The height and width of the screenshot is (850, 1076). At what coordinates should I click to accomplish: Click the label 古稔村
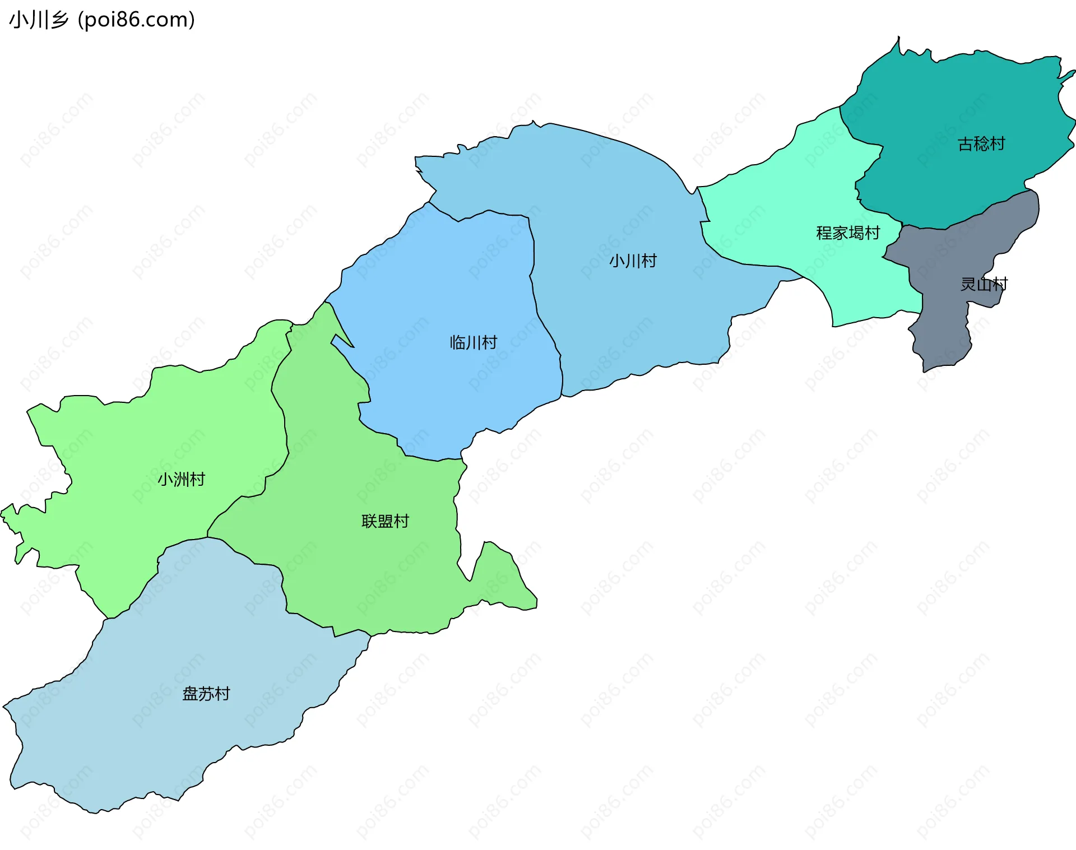tap(981, 144)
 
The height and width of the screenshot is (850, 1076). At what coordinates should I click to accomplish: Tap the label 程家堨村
tap(848, 233)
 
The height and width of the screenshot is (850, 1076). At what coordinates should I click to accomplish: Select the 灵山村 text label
tap(984, 284)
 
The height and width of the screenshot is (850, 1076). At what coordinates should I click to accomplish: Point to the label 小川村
tap(633, 261)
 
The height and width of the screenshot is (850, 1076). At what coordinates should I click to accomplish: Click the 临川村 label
tap(474, 342)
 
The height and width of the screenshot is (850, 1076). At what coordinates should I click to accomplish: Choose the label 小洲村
tap(181, 479)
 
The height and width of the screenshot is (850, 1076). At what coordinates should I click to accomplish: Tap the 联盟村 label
tap(385, 521)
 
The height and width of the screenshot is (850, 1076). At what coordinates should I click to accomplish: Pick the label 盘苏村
tap(206, 694)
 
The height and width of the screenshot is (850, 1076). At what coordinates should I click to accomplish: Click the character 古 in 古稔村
tap(965, 144)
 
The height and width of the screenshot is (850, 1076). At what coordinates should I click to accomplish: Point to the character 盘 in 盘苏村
tap(190, 694)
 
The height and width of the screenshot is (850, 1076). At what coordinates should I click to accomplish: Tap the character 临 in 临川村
tap(457, 342)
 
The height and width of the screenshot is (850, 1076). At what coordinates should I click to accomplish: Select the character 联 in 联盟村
tap(369, 521)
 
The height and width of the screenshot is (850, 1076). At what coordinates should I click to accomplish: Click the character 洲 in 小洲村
tap(181, 479)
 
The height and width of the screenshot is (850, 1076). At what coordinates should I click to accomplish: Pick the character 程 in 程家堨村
tap(824, 233)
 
